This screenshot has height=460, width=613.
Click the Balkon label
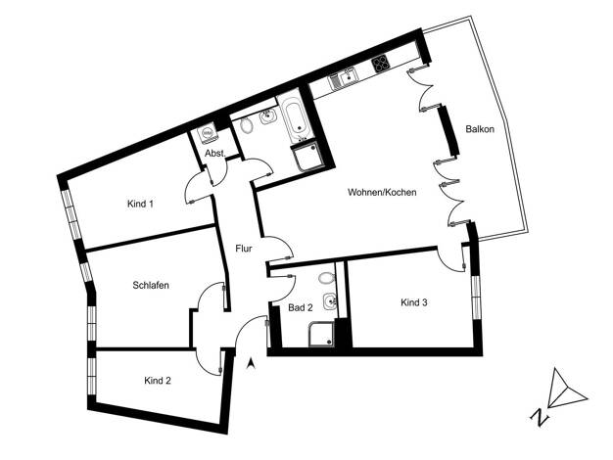point(480,129)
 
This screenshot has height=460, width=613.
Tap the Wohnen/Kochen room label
point(382,192)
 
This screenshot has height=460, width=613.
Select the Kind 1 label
point(140,204)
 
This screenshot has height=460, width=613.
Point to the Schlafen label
point(151,286)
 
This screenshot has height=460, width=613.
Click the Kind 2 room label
point(158,381)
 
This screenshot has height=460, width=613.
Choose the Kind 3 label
point(414,302)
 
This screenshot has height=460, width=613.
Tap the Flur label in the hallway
point(244,249)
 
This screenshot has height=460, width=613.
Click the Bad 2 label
point(301,307)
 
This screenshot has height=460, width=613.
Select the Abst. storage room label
point(215,154)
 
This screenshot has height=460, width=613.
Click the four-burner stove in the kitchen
point(380,64)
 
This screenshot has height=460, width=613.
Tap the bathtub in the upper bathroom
point(297,116)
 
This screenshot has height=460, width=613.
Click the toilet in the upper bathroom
point(246,125)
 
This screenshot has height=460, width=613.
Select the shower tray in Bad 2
point(321,334)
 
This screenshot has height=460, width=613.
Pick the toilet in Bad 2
point(326,278)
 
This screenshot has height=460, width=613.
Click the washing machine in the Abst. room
point(208,133)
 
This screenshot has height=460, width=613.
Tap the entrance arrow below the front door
point(251,364)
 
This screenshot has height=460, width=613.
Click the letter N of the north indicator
point(540,417)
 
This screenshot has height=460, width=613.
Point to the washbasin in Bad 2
point(330,301)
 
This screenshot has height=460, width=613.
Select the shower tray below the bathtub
point(308,157)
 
